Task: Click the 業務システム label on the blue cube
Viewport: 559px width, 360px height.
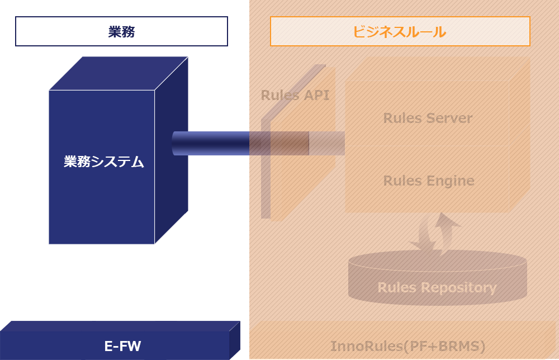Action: pos(104,162)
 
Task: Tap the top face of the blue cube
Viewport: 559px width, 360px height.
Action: pos(117,73)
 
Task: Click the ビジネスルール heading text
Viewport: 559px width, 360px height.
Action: pos(399,32)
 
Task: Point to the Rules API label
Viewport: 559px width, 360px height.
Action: pos(295,95)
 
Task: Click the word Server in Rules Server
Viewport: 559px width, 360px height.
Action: pos(449,119)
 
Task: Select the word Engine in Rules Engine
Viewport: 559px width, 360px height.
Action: pos(451,181)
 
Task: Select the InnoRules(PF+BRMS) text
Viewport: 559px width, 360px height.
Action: pos(408,347)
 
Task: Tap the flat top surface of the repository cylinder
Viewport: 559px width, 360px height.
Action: pos(437,260)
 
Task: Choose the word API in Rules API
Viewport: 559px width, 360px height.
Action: pos(316,95)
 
